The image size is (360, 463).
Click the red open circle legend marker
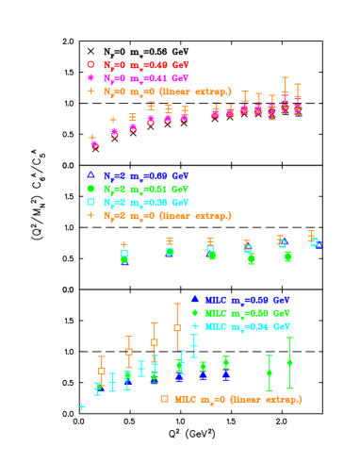click(91, 65)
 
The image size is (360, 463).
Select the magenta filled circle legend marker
click(91, 78)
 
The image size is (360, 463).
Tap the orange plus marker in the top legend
click(91, 91)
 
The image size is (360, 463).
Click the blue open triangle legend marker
click(91, 175)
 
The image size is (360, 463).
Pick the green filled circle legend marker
click(91, 189)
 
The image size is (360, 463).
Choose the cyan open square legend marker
click(91, 202)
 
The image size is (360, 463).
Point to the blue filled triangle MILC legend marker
click(195, 299)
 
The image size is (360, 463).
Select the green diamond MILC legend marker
click(195, 312)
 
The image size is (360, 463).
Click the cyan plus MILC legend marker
click(195, 325)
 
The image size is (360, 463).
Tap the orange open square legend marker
click(164, 399)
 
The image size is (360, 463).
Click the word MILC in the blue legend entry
click(216, 299)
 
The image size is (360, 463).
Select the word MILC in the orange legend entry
click(185, 399)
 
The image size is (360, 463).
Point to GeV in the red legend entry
click(180, 65)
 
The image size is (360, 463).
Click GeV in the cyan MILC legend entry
click(281, 325)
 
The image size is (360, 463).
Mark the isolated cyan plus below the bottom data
click(82, 406)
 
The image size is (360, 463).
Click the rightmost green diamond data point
click(289, 362)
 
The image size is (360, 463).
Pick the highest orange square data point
click(177, 327)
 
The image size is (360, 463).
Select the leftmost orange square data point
click(102, 371)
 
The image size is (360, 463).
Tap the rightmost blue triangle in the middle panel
click(319, 245)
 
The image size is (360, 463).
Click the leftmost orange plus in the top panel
click(92, 139)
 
